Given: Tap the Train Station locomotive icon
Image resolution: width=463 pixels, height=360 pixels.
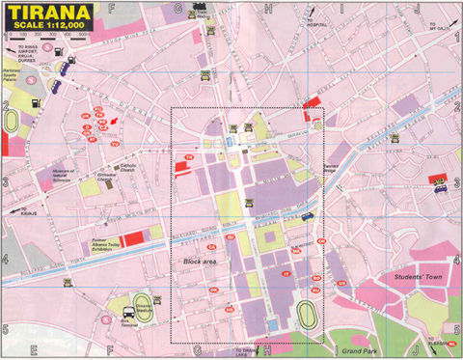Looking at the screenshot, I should click(x=201, y=8).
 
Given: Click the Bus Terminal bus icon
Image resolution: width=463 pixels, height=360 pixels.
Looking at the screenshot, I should click(x=126, y=312).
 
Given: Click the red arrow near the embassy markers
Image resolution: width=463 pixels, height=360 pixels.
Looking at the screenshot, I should click(x=116, y=120).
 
